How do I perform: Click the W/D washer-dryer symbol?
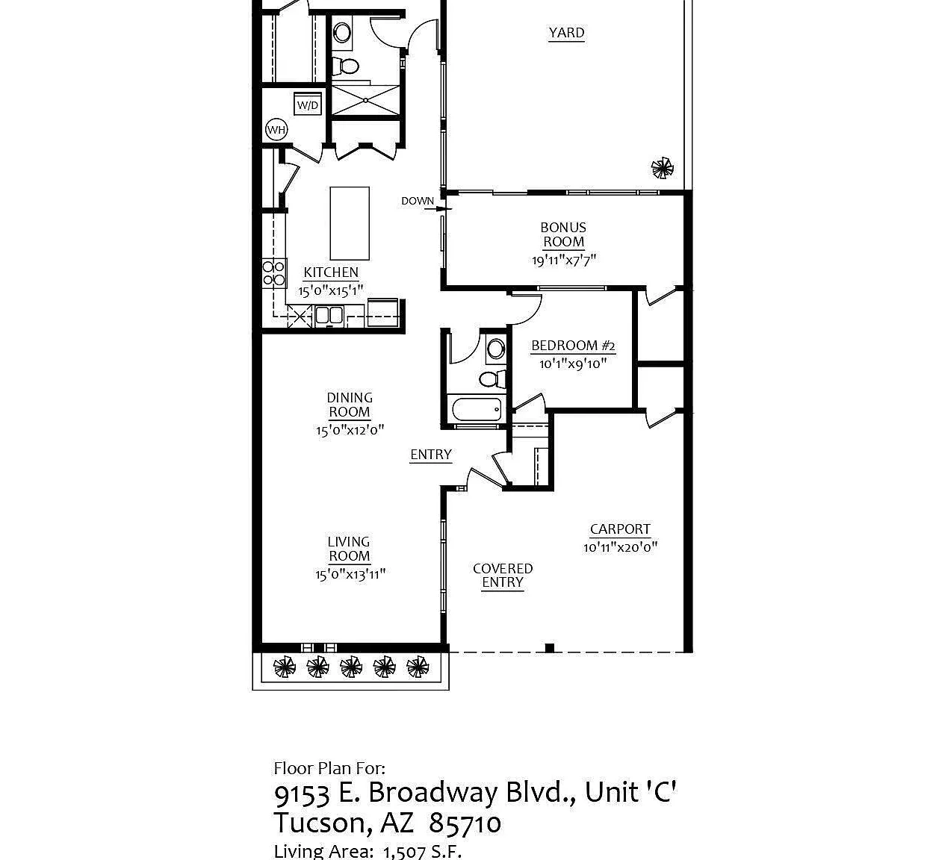coord(308,104)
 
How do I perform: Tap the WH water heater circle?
coord(276,129)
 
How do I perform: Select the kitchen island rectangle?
coord(350,223)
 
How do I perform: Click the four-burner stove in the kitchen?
coord(273,273)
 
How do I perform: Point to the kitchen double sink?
coord(329,315)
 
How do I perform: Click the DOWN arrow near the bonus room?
coord(438,208)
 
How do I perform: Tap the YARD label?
coord(566,33)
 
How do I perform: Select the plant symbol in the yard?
coord(663,168)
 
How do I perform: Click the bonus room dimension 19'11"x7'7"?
coord(564,260)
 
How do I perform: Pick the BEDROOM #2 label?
coord(573,346)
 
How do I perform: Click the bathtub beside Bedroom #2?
coord(477,409)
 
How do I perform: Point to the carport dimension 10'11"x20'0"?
coord(620,547)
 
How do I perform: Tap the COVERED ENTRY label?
coord(503,576)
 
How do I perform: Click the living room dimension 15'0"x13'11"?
coord(350,574)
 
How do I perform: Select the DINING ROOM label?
coord(350,405)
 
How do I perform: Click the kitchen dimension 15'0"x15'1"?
coord(331,290)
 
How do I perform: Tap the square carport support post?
coord(549,648)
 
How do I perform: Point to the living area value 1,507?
coord(404,852)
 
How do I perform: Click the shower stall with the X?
coord(365,100)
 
